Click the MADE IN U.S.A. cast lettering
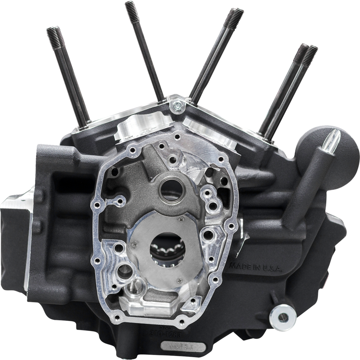[x=255, y=267]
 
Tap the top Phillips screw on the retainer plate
[x=181, y=219]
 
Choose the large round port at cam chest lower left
[x=124, y=271]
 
